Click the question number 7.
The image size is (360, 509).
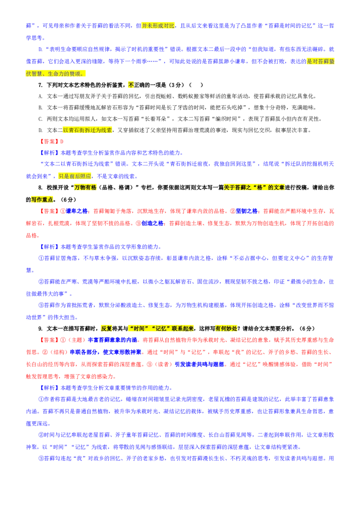click(40, 85)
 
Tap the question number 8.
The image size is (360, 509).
click(40, 188)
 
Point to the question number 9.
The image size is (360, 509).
click(40, 329)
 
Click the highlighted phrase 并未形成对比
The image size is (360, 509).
click(158, 26)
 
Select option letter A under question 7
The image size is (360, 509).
click(40, 96)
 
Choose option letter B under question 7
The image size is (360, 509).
click(40, 108)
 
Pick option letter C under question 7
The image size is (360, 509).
click(40, 119)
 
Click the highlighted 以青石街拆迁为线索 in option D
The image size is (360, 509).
click(87, 130)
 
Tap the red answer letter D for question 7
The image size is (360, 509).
click(62, 142)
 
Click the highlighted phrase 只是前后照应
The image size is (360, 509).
click(75, 176)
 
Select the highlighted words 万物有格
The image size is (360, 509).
click(85, 188)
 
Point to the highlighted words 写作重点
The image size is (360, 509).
click(42, 200)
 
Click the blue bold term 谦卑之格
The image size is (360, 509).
click(76, 211)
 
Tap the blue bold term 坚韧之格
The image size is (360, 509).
click(247, 211)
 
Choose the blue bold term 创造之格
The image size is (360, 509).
click(153, 223)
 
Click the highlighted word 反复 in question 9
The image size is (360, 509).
click(107, 329)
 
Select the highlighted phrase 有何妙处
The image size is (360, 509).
click(226, 329)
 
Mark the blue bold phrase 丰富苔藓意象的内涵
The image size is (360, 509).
click(113, 340)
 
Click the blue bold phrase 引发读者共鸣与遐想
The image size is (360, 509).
click(199, 365)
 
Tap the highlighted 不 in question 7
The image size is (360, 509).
click(131, 85)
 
